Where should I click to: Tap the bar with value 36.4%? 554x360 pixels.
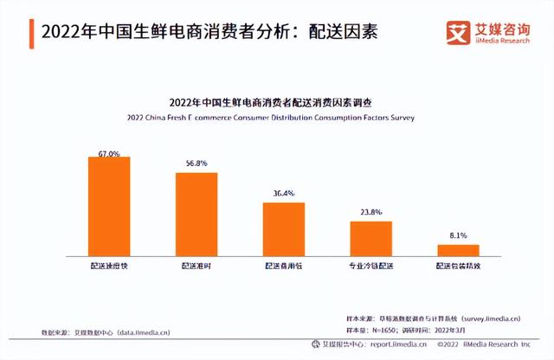(284, 228)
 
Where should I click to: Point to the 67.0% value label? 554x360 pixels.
(109, 152)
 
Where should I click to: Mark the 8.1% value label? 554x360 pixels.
(458, 236)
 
